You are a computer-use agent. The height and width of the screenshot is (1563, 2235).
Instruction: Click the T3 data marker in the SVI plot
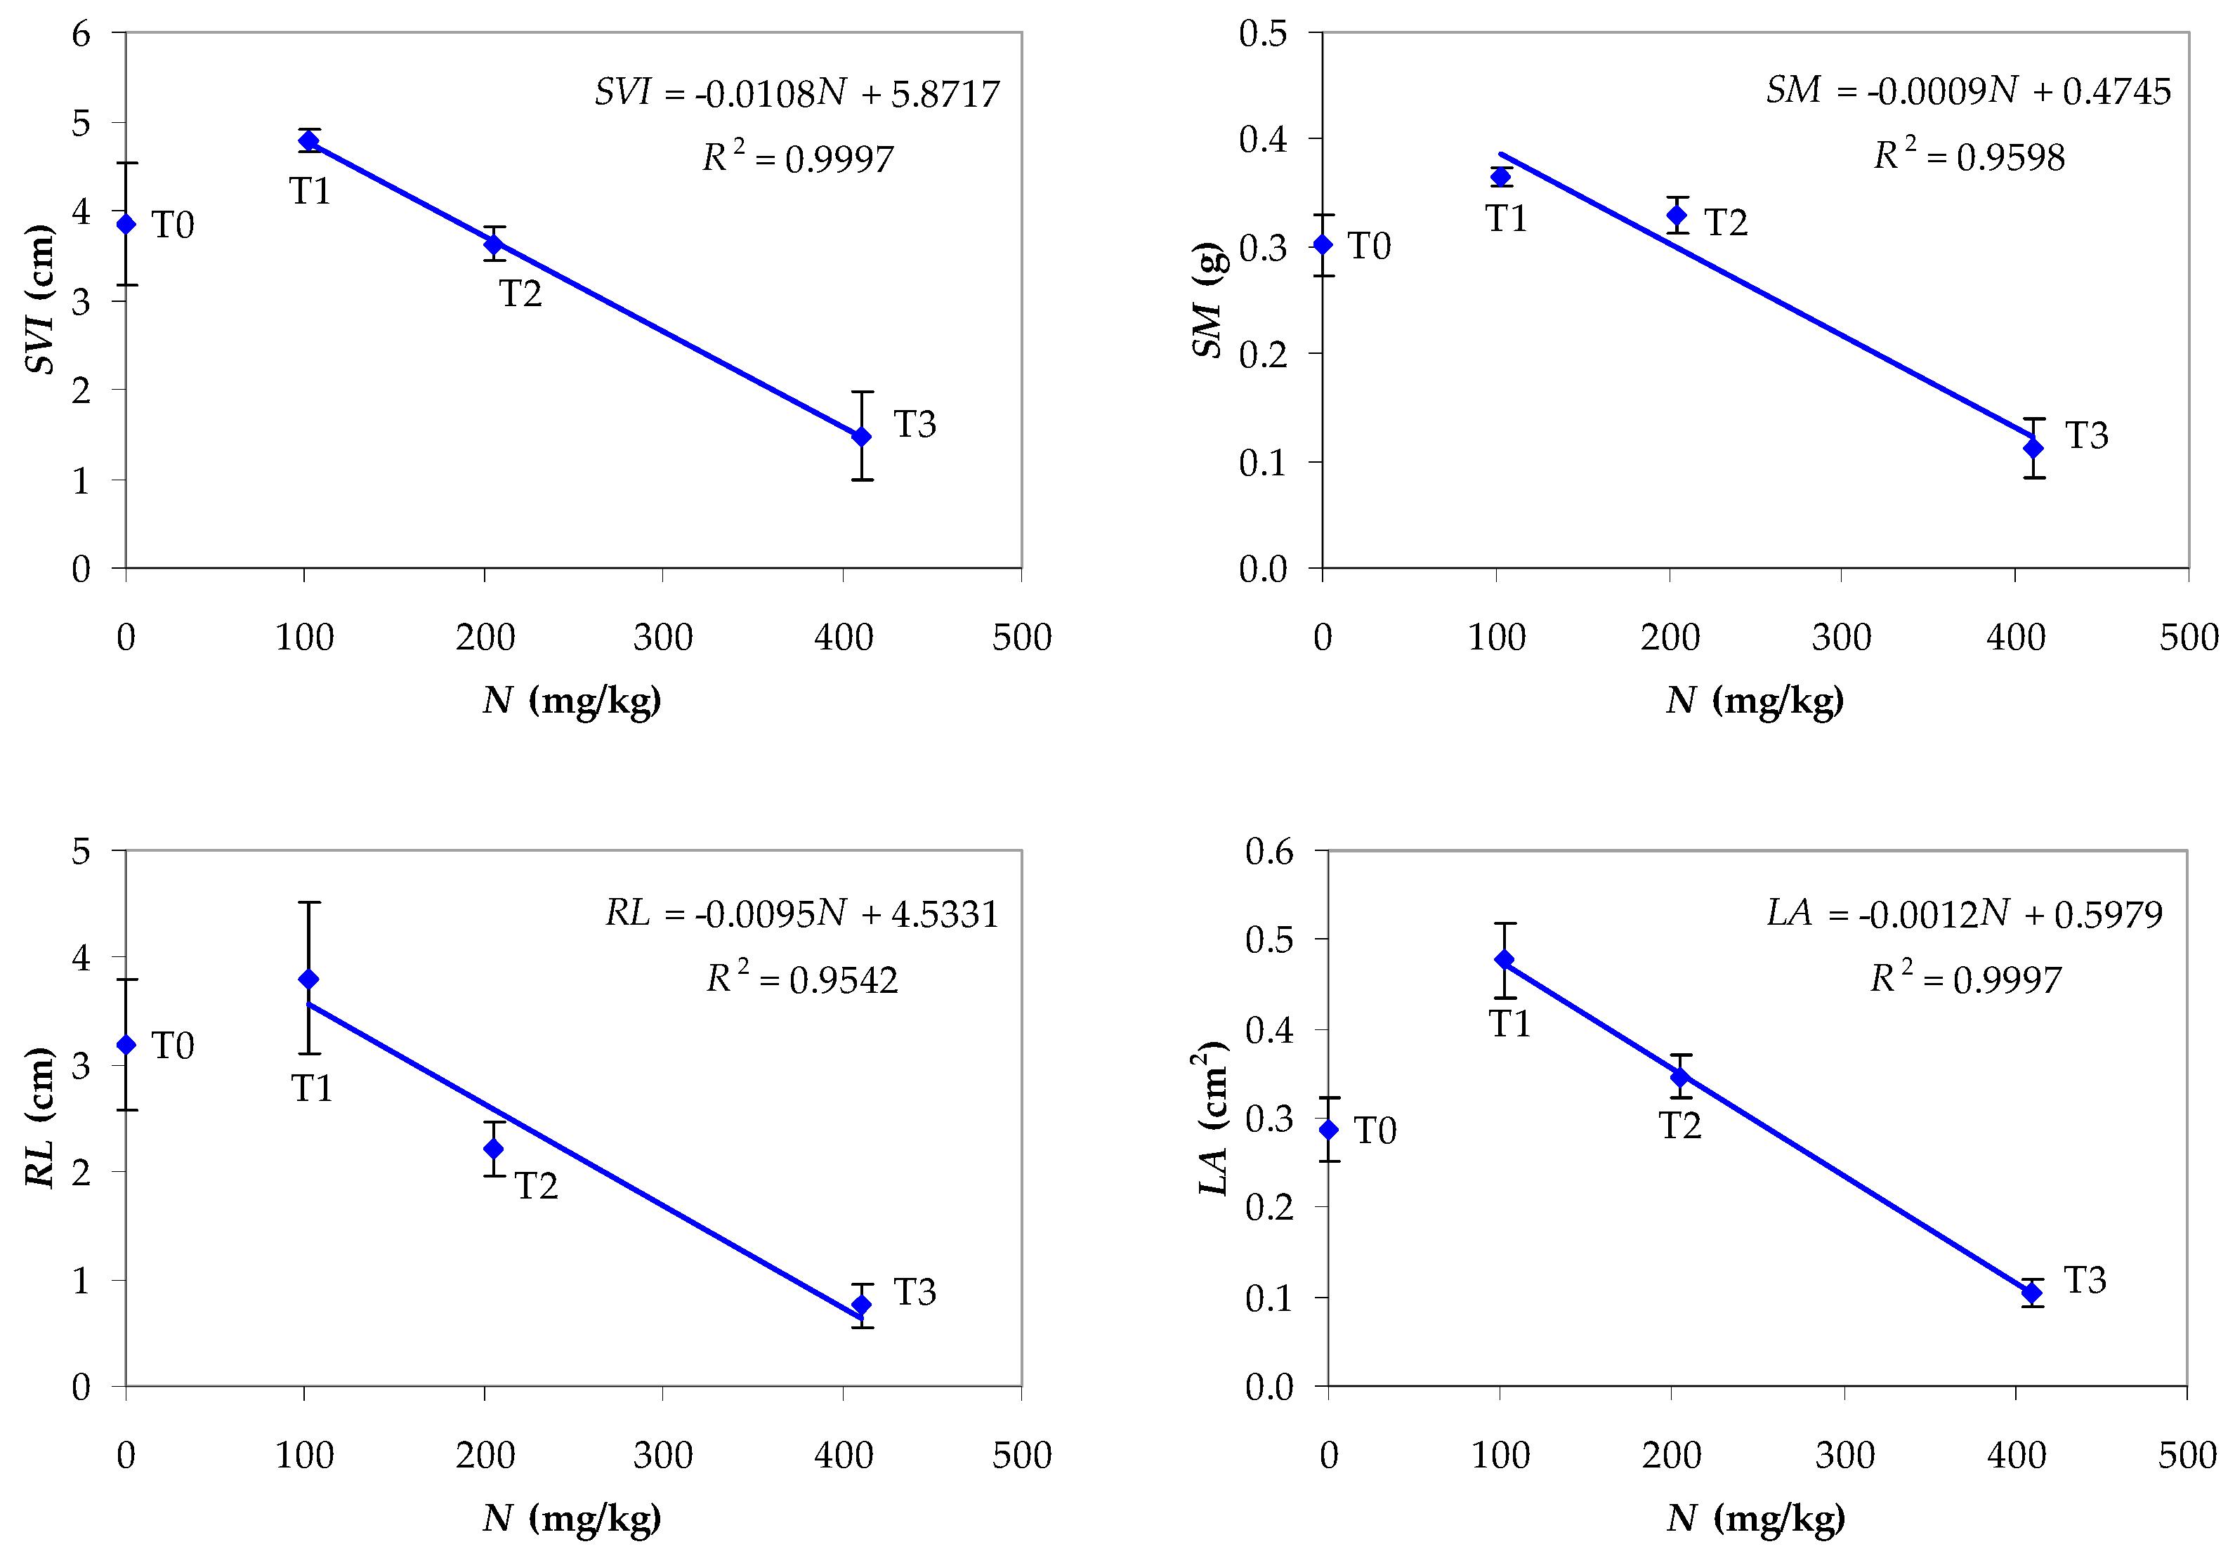tap(860, 437)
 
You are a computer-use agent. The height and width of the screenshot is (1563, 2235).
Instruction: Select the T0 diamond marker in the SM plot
tap(1322, 244)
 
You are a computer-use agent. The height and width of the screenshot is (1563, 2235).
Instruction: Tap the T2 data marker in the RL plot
tap(494, 1149)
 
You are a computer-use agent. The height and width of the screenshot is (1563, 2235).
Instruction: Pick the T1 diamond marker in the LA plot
tap(1504, 960)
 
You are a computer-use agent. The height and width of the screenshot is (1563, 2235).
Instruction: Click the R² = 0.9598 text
tap(1968, 157)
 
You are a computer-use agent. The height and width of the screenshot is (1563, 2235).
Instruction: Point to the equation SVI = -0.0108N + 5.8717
tap(797, 93)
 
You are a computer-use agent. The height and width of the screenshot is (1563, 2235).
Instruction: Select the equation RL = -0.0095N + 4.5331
tap(801, 914)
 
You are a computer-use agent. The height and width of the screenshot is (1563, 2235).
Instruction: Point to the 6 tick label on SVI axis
tap(81, 34)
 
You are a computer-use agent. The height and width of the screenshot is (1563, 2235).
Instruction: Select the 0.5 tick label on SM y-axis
tap(1262, 34)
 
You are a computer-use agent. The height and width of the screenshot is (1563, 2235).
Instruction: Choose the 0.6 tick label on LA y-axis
tap(1269, 852)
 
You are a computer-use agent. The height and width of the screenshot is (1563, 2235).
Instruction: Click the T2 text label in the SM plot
tap(1726, 223)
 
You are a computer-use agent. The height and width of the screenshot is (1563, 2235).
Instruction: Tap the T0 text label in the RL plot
tap(173, 1046)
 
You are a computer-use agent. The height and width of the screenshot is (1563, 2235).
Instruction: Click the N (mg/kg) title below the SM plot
tap(1754, 701)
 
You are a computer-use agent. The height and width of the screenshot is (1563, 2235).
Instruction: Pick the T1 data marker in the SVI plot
tap(308, 141)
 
